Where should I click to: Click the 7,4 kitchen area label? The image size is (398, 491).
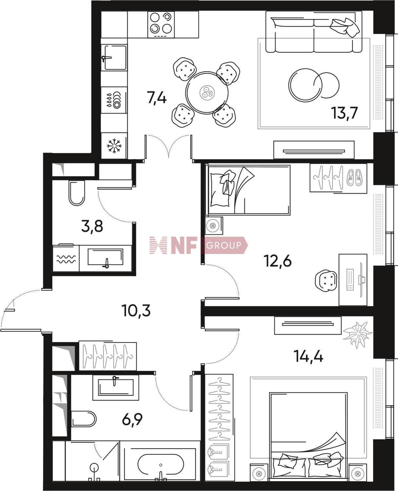(157, 98)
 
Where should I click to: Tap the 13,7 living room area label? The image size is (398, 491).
(344, 113)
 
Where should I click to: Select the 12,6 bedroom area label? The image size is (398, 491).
(278, 261)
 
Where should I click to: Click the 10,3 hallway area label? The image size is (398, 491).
(136, 311)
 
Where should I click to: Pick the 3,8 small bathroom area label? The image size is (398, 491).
(92, 226)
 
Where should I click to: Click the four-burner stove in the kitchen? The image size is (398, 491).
(161, 25)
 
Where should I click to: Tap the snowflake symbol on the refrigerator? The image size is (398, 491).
(114, 146)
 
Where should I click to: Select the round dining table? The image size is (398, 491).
(207, 93)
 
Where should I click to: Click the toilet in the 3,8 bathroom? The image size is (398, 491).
(77, 193)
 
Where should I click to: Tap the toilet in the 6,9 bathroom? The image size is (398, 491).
(84, 418)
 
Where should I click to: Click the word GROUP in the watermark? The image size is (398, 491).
(224, 245)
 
